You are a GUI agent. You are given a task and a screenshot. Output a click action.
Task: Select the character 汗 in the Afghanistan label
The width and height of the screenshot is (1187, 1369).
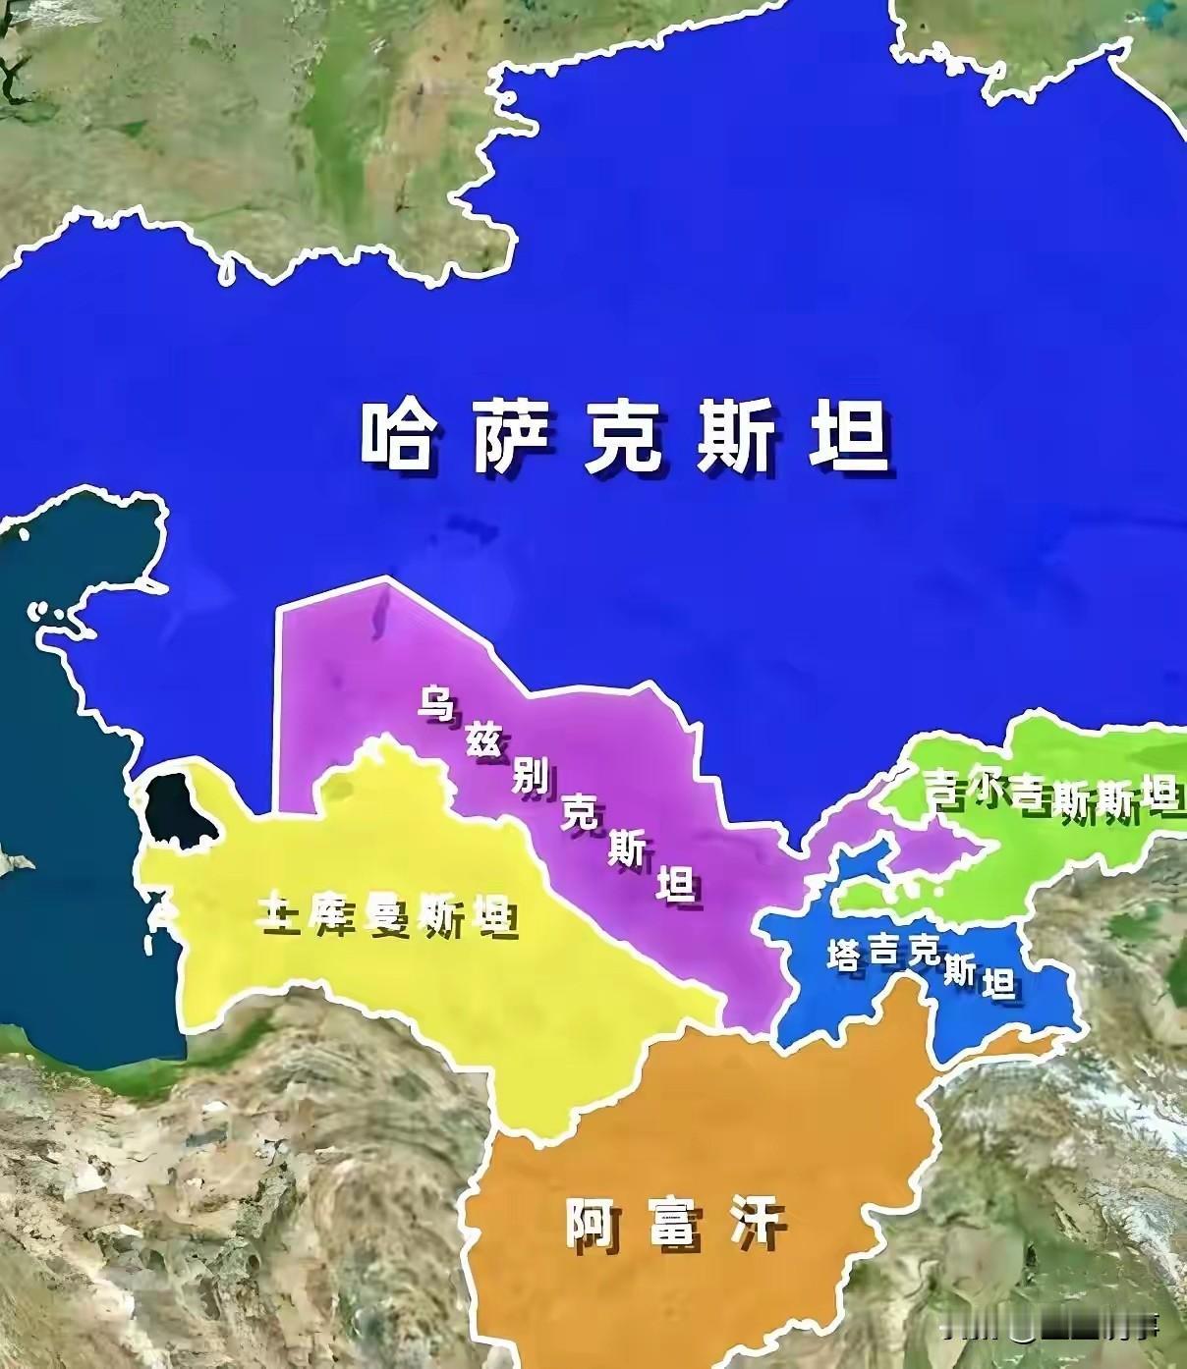pyautogui.click(x=758, y=1224)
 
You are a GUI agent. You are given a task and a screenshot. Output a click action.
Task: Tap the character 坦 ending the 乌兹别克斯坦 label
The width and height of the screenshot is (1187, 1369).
pyautogui.click(x=676, y=886)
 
